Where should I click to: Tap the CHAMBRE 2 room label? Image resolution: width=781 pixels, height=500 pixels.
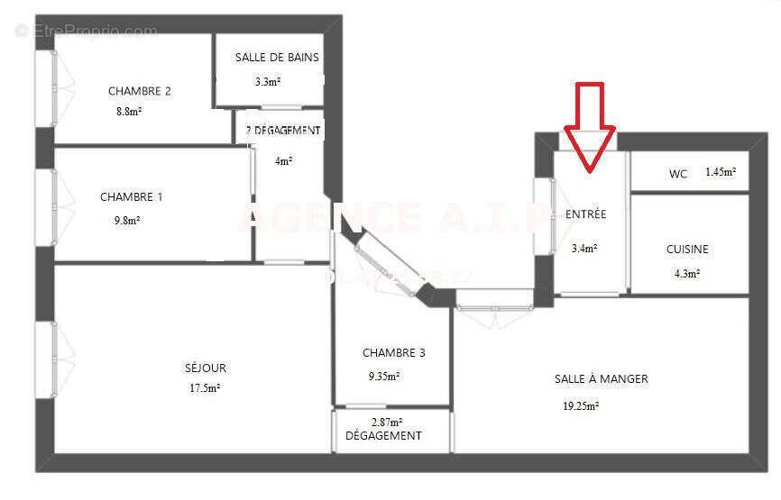140,91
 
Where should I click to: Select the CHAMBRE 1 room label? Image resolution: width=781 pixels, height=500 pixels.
132,197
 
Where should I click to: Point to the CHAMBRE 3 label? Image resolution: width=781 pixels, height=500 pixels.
394,353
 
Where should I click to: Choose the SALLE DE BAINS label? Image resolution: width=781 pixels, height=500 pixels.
277,58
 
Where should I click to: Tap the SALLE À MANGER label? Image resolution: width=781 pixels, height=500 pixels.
601,379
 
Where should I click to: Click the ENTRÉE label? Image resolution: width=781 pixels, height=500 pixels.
585,215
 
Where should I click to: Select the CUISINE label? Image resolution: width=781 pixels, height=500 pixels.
687,250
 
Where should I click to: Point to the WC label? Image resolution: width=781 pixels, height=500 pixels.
678,174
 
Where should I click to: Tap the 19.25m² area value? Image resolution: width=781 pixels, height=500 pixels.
581,406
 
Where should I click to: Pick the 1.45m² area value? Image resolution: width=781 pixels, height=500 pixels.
721,172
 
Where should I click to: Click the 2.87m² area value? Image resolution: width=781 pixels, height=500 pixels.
387,422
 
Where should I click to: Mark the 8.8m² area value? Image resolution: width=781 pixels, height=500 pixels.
129,112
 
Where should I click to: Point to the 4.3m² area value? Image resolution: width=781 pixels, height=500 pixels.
687,273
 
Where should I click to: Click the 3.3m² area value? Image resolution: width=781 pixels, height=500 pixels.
267,82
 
